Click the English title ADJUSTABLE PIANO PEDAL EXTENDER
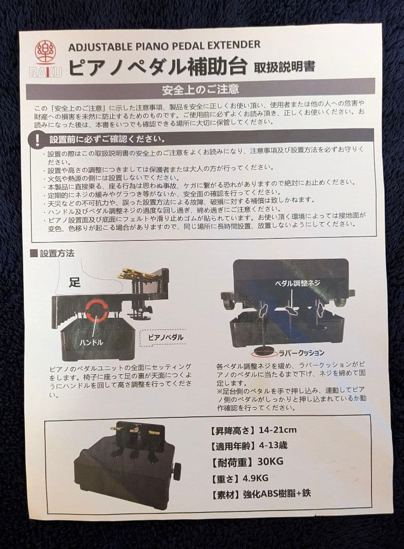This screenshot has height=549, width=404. pos(164,45)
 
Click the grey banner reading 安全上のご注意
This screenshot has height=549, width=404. pos(200,90)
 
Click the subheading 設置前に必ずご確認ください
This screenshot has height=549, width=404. pos(107,139)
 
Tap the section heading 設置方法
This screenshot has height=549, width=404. pos(52,253)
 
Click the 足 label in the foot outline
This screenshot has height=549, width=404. pos(75,283)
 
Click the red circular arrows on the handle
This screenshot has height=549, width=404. pos(97,311)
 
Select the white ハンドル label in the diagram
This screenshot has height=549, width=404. pos(91,342)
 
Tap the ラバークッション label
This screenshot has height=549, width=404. pos(301,352)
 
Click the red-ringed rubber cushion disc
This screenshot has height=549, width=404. pos(263,351)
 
